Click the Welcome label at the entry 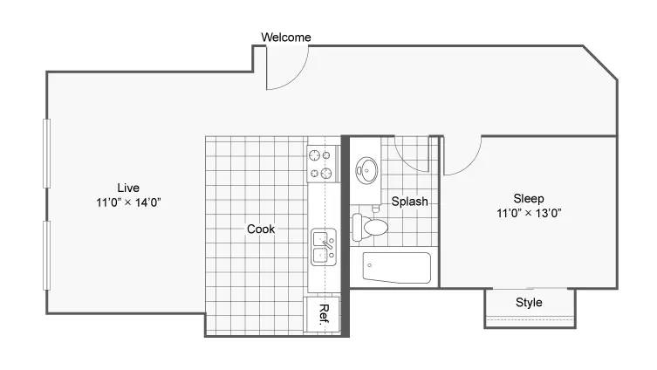coord(286,38)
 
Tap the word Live coord(128,188)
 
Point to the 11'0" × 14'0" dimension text coord(128,202)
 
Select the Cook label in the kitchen coord(261,229)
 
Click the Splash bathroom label coord(409,202)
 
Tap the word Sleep coord(529,198)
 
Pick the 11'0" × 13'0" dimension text coord(529,213)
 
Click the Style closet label coord(529,302)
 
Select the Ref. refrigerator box coord(322,314)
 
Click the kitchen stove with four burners coord(322,164)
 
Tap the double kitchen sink coord(324,247)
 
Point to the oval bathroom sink coord(366,170)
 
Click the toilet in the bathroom coord(370,227)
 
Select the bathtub coord(396,267)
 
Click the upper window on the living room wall coord(46,153)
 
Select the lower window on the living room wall coord(46,255)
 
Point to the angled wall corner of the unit coord(600,62)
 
